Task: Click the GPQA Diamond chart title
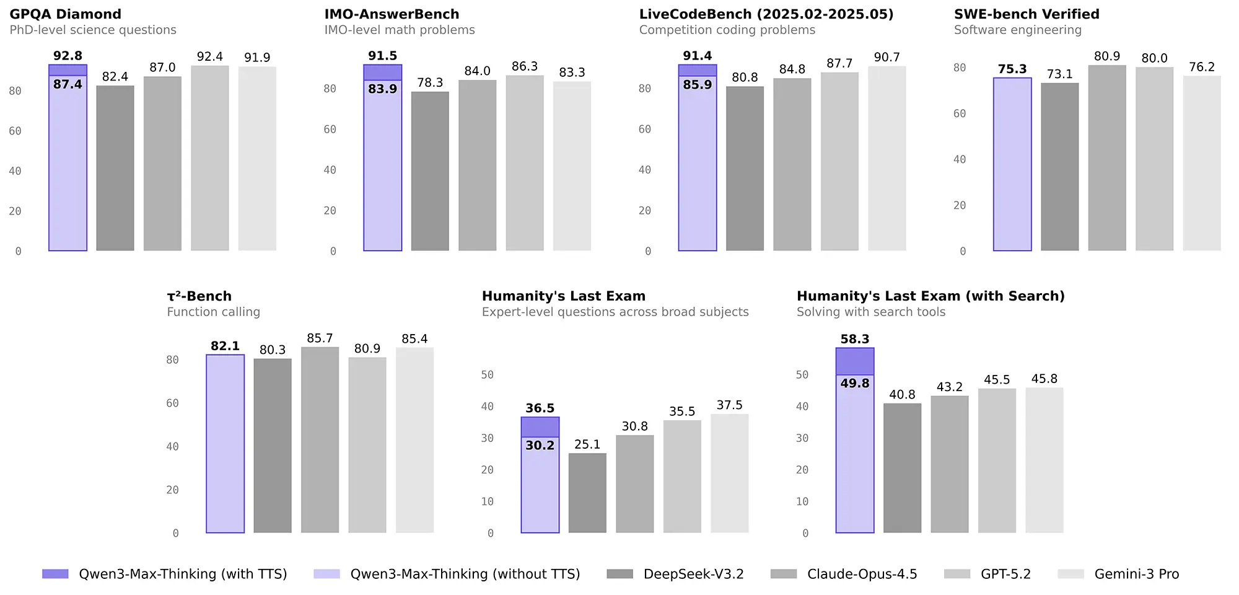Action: [x=65, y=14]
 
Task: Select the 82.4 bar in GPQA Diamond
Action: [x=115, y=167]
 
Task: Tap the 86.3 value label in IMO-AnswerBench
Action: [x=525, y=66]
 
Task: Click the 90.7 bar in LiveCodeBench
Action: [x=887, y=158]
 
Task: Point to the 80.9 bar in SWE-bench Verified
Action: [x=1107, y=158]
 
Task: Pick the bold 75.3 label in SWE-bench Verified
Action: [x=1012, y=69]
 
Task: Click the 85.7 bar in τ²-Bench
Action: [x=320, y=440]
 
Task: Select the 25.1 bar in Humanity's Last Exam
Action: [x=587, y=493]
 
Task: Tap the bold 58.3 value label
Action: [x=855, y=339]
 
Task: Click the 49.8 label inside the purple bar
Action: [x=855, y=384]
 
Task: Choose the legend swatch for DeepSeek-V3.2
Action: [x=619, y=574]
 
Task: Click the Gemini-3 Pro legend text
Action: [x=1136, y=574]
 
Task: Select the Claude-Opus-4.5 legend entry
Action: [x=862, y=574]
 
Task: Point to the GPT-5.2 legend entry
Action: [x=1005, y=574]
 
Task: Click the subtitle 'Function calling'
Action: [x=213, y=312]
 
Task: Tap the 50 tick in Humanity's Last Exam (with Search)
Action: [x=802, y=375]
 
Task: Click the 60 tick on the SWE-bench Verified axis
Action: [x=959, y=113]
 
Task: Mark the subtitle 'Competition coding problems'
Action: [x=727, y=30]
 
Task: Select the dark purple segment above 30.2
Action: [x=540, y=427]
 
